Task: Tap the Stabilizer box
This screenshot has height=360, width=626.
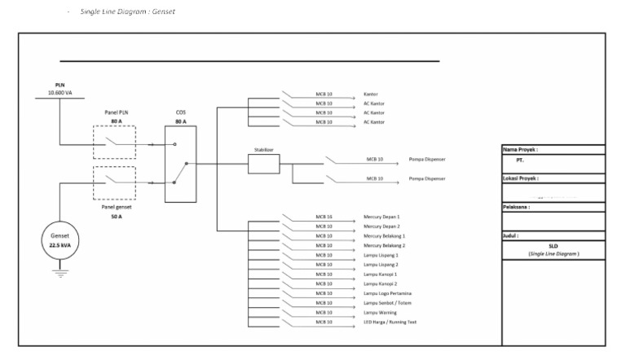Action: (263, 165)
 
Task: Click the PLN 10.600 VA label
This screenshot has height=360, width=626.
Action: (60, 89)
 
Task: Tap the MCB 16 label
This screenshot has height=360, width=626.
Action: (324, 217)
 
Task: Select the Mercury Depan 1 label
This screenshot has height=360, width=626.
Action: (381, 217)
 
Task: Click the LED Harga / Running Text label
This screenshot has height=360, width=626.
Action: (390, 322)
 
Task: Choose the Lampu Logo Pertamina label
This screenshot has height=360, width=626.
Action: (387, 293)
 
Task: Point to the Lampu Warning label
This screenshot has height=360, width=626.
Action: (381, 312)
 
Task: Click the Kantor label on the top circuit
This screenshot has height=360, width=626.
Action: (372, 94)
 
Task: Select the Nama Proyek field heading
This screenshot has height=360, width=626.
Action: (522, 150)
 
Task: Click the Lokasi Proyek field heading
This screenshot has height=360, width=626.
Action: (522, 178)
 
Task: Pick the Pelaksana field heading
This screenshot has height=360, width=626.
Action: (518, 207)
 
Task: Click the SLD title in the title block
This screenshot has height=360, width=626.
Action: (553, 245)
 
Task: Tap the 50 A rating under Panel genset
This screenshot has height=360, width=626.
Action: (116, 217)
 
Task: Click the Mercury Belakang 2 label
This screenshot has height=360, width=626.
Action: (384, 245)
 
